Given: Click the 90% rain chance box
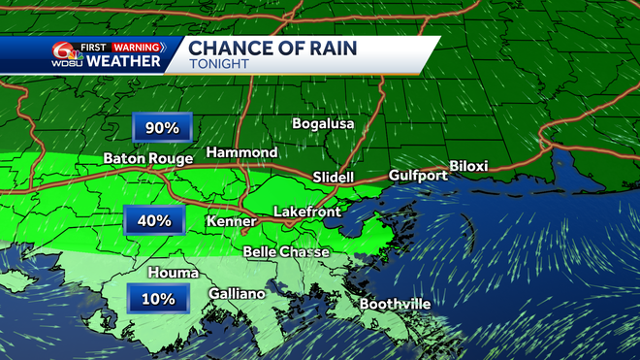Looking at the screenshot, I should pyautogui.click(x=162, y=128).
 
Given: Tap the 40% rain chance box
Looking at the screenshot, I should pyautogui.click(x=153, y=220).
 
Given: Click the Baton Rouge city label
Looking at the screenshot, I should pyautogui.click(x=147, y=159).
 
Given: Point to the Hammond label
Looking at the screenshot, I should pyautogui.click(x=243, y=153).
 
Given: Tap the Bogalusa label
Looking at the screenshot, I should pyautogui.click(x=324, y=124).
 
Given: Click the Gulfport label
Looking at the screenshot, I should pyautogui.click(x=416, y=176).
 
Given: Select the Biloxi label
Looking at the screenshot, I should pyautogui.click(x=469, y=167).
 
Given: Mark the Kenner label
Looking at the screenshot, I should pyautogui.click(x=232, y=222).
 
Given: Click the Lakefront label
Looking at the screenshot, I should pyautogui.click(x=306, y=211).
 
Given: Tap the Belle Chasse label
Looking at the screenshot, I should pyautogui.click(x=286, y=252).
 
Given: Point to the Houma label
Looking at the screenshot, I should pyautogui.click(x=174, y=274).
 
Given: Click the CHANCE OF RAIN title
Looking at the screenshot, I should pyautogui.click(x=272, y=48).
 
